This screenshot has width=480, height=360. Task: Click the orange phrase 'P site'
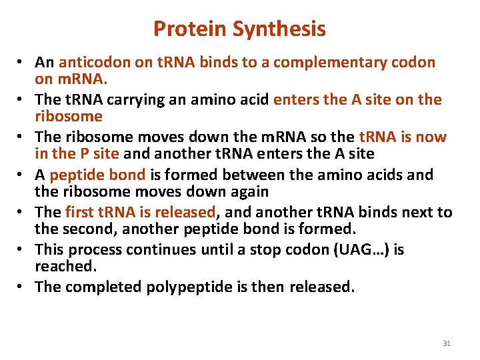95,153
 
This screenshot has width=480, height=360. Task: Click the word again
244,191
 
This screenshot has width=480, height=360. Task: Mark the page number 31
447,343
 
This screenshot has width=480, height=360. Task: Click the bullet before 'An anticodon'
22,63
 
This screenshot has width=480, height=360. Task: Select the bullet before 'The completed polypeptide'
22,287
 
